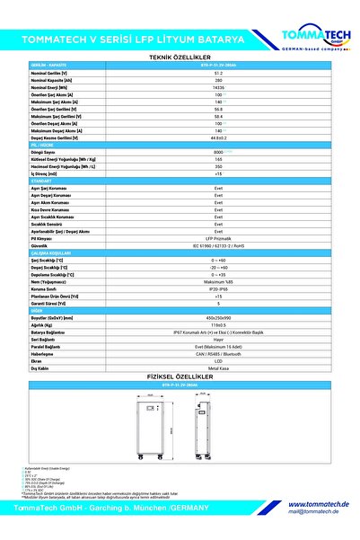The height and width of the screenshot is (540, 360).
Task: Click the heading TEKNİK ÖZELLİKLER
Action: [180, 56]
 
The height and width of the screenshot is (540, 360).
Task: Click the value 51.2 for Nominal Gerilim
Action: [219, 71]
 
